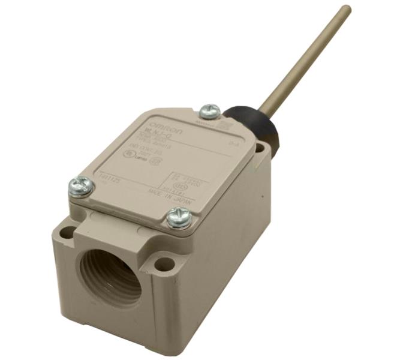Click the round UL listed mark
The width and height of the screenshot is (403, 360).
click(x=129, y=153)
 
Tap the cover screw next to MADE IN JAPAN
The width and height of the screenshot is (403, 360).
click(x=179, y=217)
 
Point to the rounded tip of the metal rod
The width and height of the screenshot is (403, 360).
click(x=345, y=10)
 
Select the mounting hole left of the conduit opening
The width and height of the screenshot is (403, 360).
click(x=67, y=230)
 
